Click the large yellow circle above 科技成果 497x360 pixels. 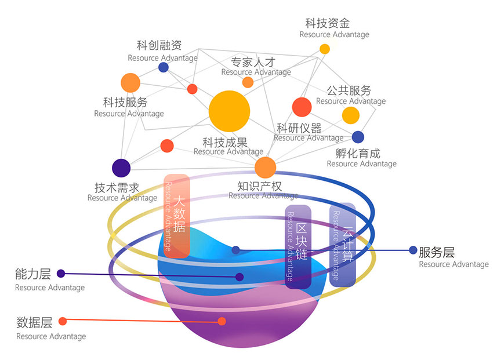coord(229,111)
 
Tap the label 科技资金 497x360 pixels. coord(328,23)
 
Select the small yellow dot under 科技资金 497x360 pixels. coord(325,49)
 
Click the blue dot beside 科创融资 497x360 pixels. coord(164,67)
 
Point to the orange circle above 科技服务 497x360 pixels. coord(130,83)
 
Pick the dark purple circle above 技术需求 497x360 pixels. coord(121,168)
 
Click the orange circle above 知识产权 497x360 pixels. coord(266,168)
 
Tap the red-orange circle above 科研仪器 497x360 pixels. coord(302,107)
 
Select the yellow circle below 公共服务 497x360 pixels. coord(350,115)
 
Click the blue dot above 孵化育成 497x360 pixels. coord(358,137)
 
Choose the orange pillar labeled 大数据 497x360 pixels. coord(177,215)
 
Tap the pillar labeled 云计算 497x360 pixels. coord(343,244)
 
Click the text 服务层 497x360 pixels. coord(437,252)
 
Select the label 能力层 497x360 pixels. coord(34,274)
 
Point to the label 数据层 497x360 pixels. coord(34,322)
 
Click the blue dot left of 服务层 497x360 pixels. coord(413,250)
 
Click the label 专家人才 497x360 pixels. coord(253,61)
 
